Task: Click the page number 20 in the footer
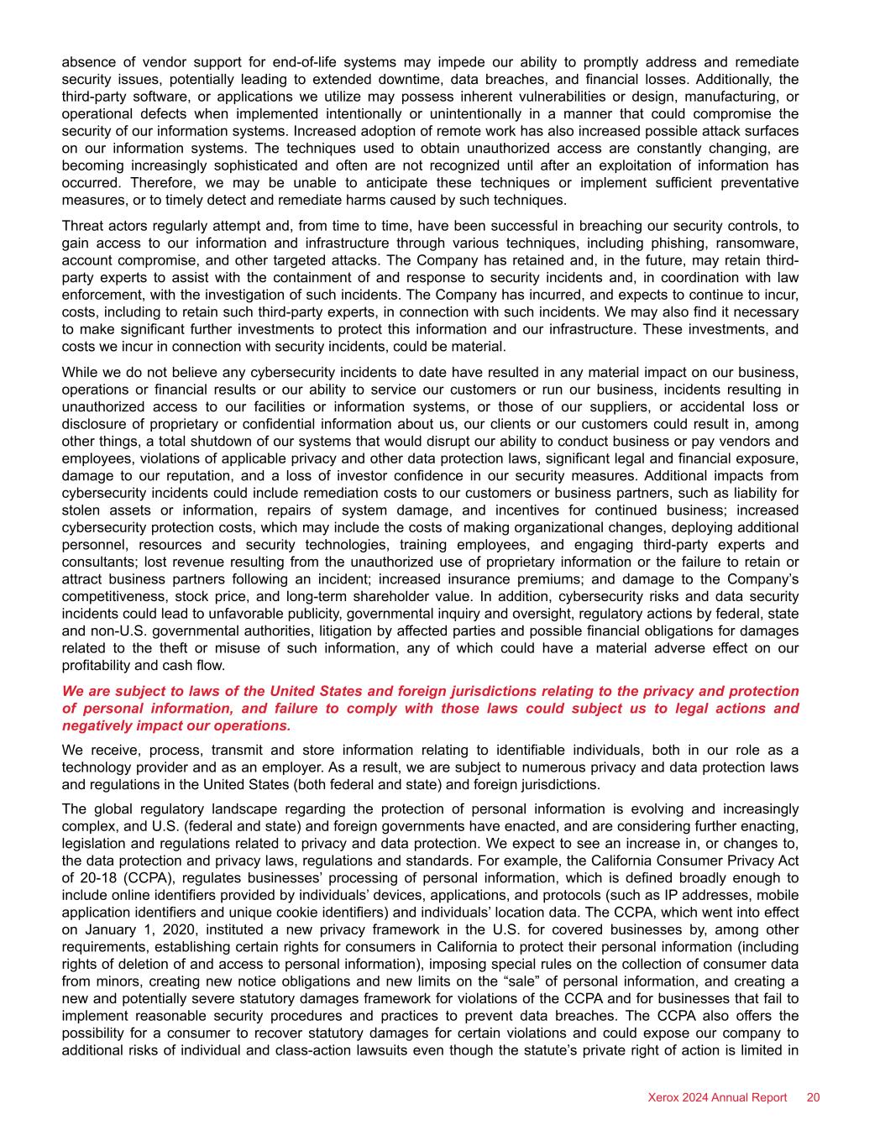coord(813,1097)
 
